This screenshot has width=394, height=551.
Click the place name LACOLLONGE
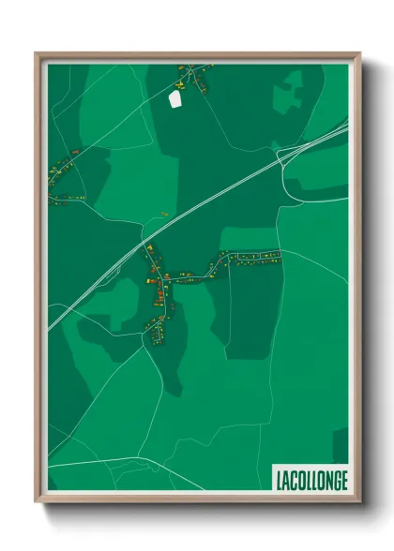(x=311, y=480)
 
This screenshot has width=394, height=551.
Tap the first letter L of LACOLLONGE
(x=280, y=481)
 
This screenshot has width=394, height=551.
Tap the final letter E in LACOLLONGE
(x=343, y=481)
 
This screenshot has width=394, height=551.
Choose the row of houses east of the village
(x=249, y=257)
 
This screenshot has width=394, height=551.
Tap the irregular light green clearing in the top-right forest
(x=287, y=94)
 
